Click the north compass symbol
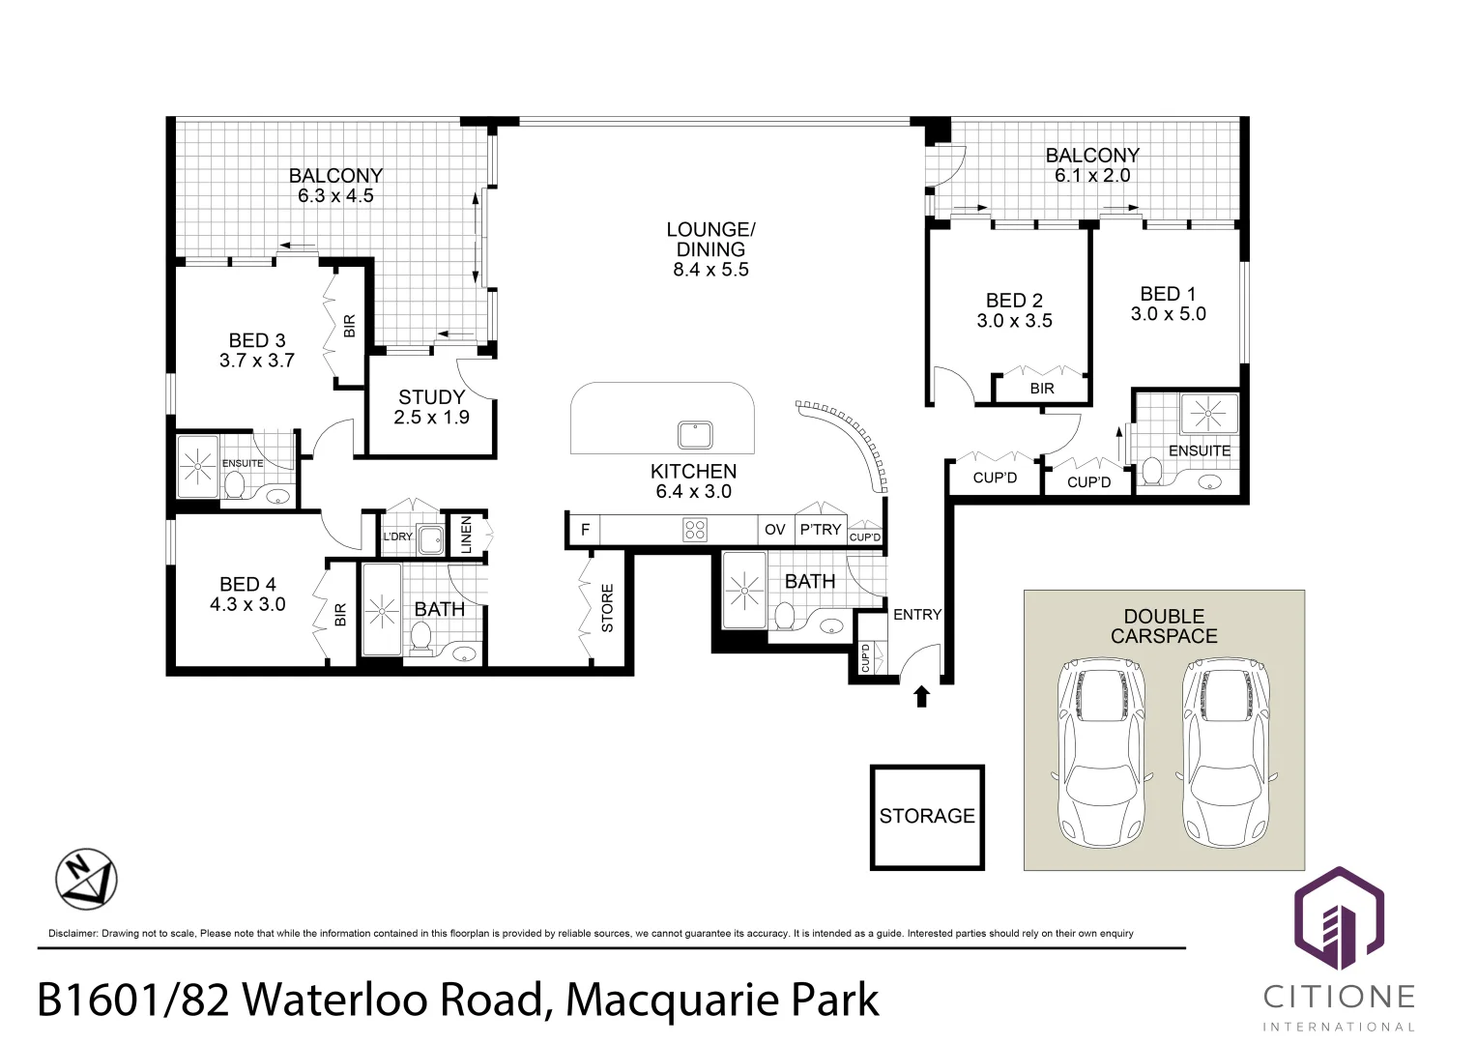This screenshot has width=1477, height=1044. (86, 880)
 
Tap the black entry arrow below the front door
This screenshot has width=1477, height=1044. (921, 696)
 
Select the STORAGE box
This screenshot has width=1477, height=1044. (927, 817)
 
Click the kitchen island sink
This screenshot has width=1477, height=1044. (695, 435)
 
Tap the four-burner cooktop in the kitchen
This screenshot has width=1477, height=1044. (695, 529)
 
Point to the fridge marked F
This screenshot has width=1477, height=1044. (585, 530)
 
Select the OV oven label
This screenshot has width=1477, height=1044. (775, 530)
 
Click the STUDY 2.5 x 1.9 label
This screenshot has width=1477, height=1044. (431, 407)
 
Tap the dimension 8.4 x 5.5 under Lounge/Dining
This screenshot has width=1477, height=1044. (710, 270)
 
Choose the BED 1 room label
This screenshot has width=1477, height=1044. (1168, 294)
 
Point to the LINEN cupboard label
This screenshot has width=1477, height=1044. (467, 535)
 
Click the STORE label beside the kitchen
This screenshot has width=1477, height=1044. (607, 608)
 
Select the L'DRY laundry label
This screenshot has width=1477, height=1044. (397, 536)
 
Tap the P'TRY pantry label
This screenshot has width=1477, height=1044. (820, 530)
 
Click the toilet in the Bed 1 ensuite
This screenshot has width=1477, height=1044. (1151, 472)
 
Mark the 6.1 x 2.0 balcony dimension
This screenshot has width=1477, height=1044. (1092, 176)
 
